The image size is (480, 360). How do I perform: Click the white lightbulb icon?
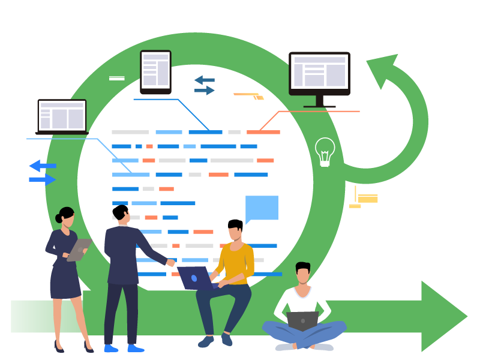pos(325,151)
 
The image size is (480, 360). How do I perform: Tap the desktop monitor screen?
pos(319,72)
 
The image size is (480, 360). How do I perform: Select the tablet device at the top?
pos(155,71)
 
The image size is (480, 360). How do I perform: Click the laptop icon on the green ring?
pos(62,115)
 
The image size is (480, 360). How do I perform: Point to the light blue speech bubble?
pos(262,208)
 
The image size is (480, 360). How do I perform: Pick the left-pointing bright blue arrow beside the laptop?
pos(41,166)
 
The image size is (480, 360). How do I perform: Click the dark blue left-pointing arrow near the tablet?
pos(204,80)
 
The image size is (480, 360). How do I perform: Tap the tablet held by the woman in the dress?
pos(79,250)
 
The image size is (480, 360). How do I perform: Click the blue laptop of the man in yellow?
pos(195,278)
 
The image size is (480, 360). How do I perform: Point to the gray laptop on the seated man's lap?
pos(302,320)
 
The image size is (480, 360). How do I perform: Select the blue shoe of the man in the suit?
pos(135,348)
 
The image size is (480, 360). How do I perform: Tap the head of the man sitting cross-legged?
pos(303,274)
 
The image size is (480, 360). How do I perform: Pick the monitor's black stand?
pos(319,101)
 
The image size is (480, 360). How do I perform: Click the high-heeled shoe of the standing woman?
pos(58,347)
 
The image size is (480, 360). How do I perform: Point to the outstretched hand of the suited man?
pos(170,263)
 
